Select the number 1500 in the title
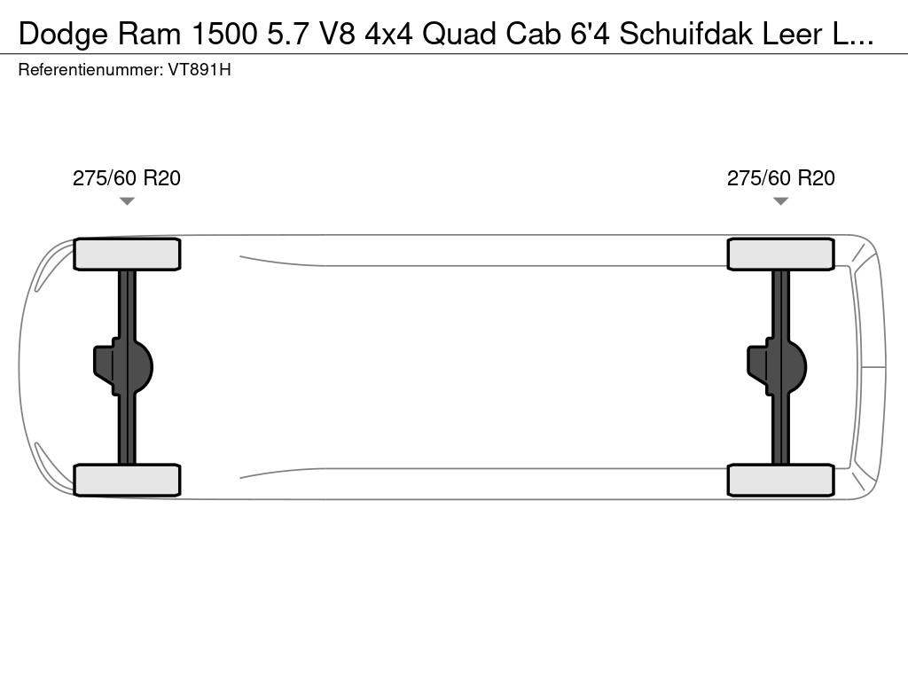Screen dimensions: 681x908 click(213, 34)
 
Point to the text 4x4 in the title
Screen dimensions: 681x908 click(388, 34)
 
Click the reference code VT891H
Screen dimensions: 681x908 click(200, 69)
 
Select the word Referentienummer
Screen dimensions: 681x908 click(89, 69)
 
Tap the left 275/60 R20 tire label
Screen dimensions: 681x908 click(127, 178)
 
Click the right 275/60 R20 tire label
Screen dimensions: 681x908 click(780, 178)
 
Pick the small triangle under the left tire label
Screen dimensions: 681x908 click(127, 201)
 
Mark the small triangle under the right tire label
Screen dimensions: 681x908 click(780, 201)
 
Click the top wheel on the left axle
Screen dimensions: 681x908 click(127, 254)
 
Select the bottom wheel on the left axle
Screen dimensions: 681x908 click(127, 480)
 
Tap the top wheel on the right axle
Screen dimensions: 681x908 click(780, 254)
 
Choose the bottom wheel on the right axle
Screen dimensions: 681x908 click(780, 480)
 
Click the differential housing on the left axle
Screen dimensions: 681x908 click(124, 366)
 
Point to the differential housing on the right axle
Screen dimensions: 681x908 click(778, 366)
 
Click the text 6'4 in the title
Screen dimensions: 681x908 click(589, 34)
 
